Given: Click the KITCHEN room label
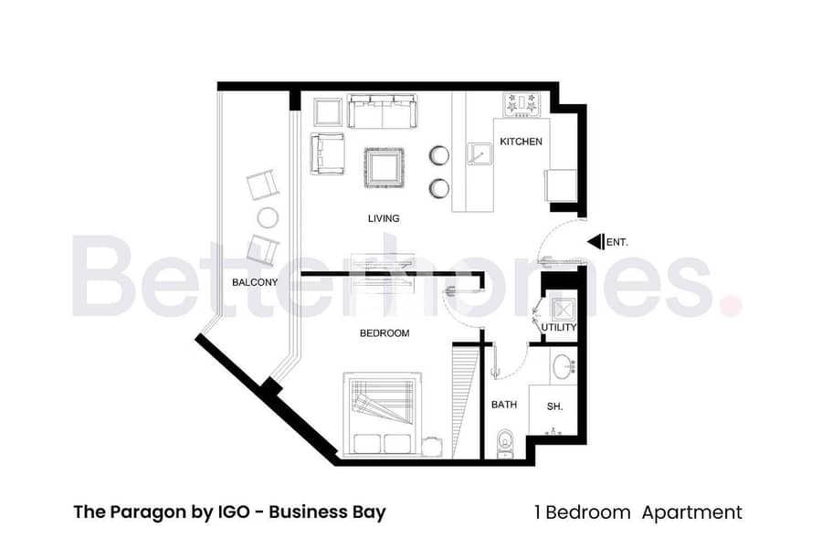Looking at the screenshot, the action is pos(521,142).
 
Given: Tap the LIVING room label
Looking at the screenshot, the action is pos(384,218).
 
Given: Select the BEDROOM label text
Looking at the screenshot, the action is pos(385,333).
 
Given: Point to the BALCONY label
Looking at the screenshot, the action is pos(255,282).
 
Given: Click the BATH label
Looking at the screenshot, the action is pos(504,405).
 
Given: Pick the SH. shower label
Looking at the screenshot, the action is pos(554,406).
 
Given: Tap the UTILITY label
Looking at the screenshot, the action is pos(559,327).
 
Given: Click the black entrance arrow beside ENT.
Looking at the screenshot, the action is pos(596,242).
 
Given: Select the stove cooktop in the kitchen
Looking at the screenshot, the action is pos(522,104).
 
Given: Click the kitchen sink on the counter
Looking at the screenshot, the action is pos(479,154).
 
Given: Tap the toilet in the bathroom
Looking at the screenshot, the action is pos(505,444).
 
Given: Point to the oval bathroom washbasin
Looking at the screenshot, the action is pos(564,366).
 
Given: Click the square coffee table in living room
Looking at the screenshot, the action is pos(385,168).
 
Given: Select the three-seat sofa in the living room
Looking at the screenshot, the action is pos(382,111).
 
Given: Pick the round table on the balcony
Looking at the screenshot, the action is pos(268,217).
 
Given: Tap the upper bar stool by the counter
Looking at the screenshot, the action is pos(439,155).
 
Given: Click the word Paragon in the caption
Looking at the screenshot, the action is pos(145,512).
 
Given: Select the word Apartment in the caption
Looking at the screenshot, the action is pos(692,513).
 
